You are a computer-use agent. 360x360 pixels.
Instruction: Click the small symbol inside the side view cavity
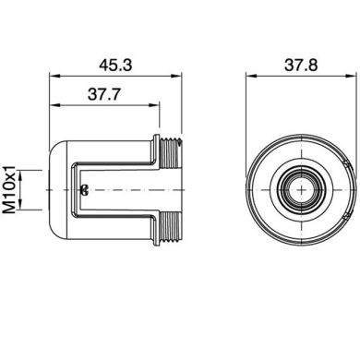pos(84,191)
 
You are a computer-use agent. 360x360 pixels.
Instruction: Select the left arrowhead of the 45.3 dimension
pos(50,78)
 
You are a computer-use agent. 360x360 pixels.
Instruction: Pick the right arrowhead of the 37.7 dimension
pos(160,106)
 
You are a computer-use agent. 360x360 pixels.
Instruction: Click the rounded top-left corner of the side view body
pos(54,148)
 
